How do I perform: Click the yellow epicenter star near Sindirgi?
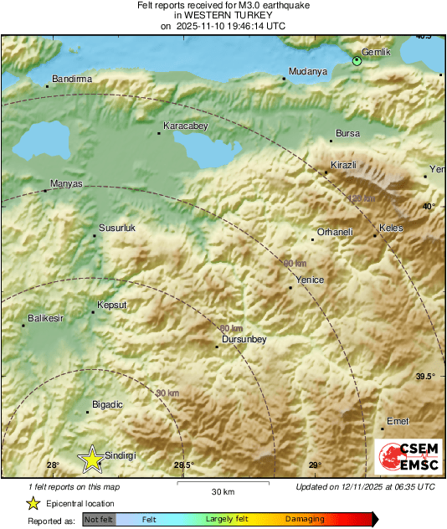(91, 458)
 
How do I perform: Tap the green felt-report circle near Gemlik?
(357, 60)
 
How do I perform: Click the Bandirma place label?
(71, 79)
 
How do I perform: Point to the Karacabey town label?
(185, 126)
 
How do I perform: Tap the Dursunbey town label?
(243, 339)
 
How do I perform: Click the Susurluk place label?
(117, 229)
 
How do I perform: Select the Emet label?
(398, 421)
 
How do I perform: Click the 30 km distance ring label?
(167, 393)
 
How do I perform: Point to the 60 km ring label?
(231, 328)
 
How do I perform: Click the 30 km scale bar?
(224, 482)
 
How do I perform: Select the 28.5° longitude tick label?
(183, 465)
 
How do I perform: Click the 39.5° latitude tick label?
(425, 377)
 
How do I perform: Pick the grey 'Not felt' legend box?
(99, 520)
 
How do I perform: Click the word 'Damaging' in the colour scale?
(305, 520)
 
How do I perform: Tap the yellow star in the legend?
(33, 503)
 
